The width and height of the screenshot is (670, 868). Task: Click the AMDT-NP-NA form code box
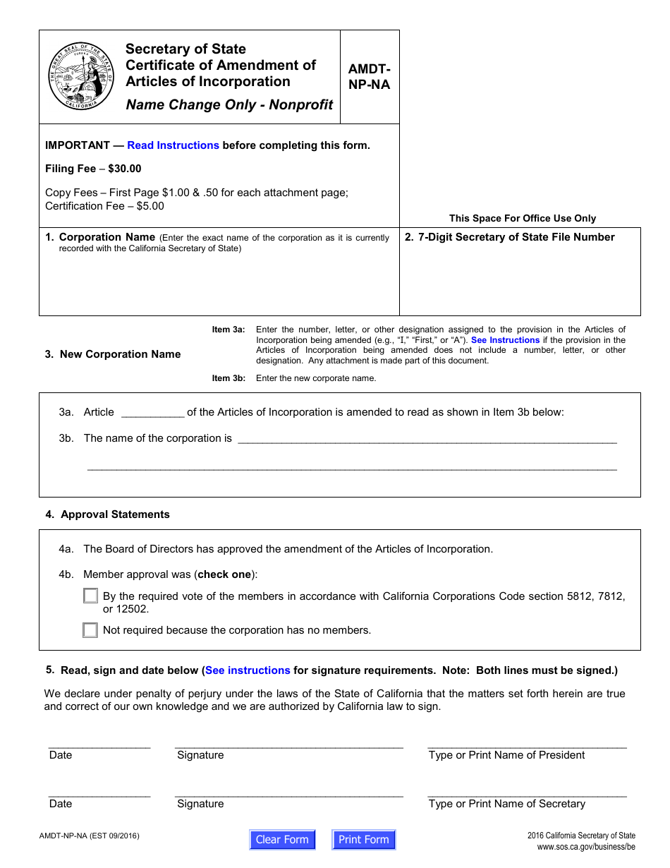coord(369,77)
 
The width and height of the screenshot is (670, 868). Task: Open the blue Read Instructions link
coord(173,145)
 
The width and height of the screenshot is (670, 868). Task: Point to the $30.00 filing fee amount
coord(125,169)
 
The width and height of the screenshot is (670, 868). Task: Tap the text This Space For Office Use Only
coord(522,219)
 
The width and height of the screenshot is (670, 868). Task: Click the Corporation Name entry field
coord(219,282)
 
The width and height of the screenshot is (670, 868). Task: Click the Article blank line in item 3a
coord(152,413)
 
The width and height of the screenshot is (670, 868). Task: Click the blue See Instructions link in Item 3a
coord(505,340)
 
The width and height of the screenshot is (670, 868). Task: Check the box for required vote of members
coord(90,596)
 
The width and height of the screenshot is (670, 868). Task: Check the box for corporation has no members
coord(90,630)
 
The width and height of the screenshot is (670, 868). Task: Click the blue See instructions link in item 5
coord(248,670)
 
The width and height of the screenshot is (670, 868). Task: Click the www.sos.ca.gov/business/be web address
coord(585,847)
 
